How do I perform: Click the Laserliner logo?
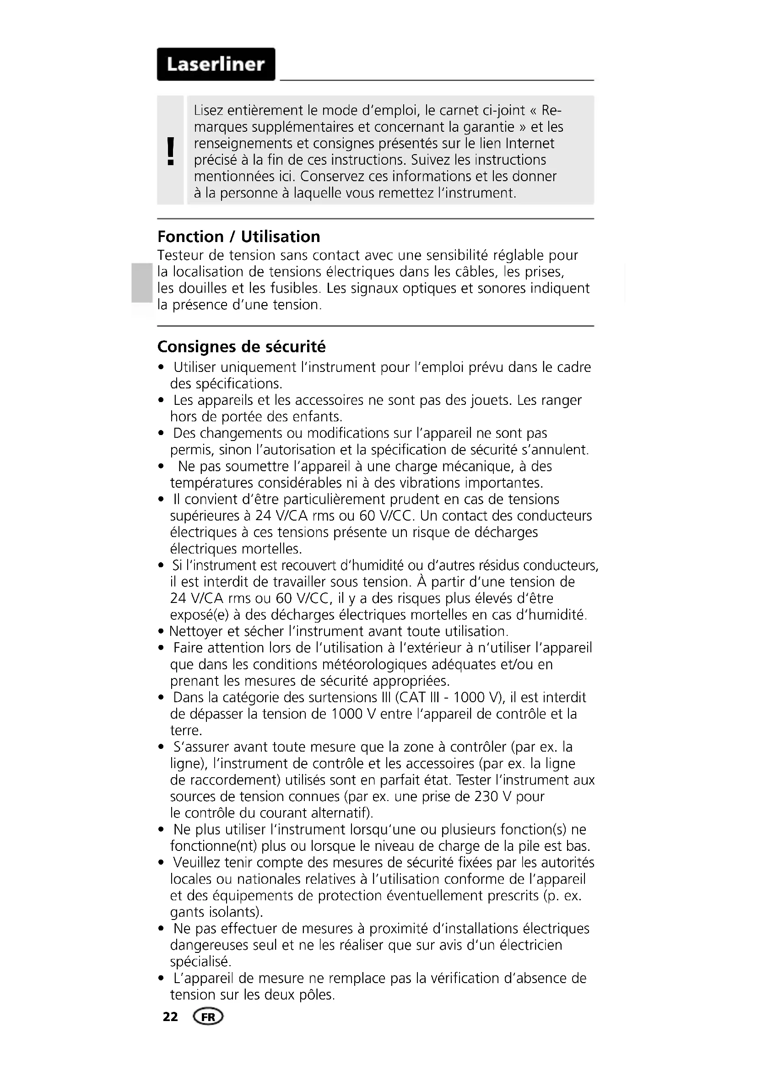(216, 65)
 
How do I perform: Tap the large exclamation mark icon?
(171, 151)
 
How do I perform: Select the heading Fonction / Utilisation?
(238, 237)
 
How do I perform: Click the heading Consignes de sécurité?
(242, 347)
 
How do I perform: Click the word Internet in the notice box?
(530, 143)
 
